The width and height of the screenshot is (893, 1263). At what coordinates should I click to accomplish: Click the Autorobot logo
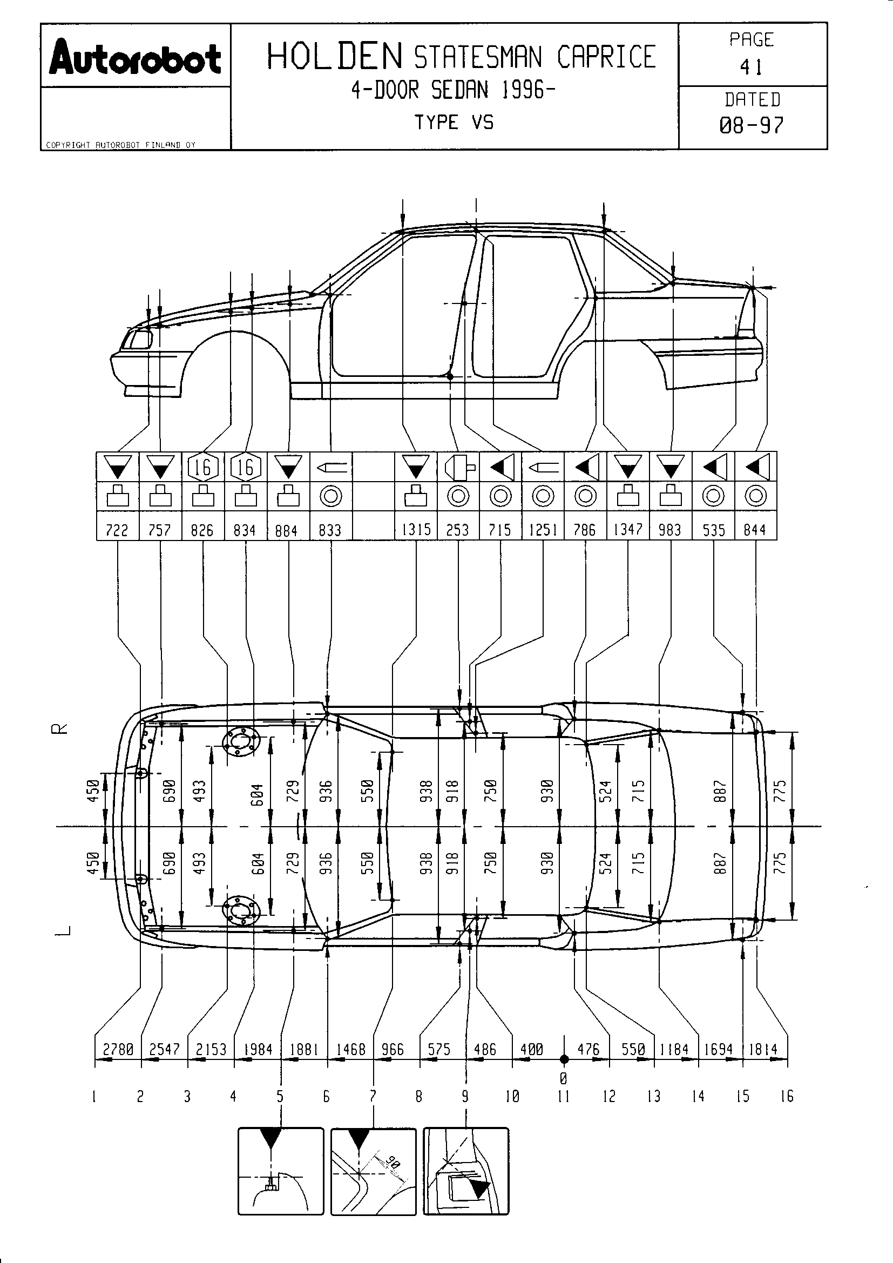click(x=136, y=57)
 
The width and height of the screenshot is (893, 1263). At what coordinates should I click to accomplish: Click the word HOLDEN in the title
click(x=335, y=57)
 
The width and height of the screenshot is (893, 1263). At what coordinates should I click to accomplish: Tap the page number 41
click(x=751, y=67)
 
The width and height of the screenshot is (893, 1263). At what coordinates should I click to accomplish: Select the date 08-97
click(x=752, y=125)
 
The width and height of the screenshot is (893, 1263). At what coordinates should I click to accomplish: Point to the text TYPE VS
click(x=454, y=122)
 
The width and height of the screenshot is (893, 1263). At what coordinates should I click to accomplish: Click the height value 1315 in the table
click(x=416, y=529)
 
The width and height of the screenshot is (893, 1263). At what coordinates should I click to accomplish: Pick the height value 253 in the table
click(x=458, y=530)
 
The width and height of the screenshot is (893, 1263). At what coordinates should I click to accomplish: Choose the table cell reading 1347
click(x=628, y=529)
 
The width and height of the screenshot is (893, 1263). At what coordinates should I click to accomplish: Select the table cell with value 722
click(x=117, y=530)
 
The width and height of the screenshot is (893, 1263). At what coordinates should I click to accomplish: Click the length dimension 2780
click(x=118, y=1050)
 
